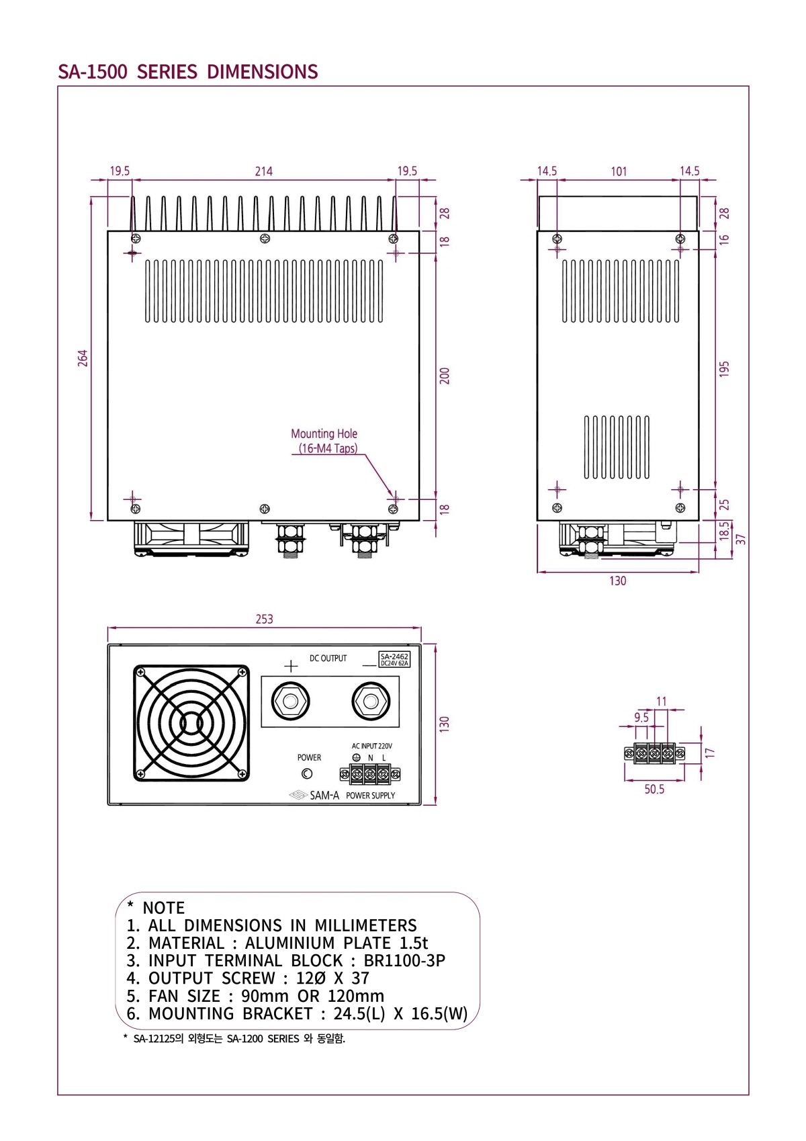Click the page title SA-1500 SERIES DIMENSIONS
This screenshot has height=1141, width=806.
click(x=187, y=72)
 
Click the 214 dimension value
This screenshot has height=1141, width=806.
click(x=263, y=171)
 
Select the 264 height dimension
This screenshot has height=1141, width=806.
click(x=83, y=357)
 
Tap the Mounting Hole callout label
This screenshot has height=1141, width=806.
click(x=324, y=434)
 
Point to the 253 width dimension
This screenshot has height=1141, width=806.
click(x=264, y=619)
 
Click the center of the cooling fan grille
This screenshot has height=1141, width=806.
click(x=191, y=723)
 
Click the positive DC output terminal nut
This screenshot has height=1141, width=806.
click(x=291, y=702)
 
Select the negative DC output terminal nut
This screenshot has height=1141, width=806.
click(x=370, y=702)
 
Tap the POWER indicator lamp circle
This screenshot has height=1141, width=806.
click(x=307, y=774)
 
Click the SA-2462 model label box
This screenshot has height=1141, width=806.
click(x=394, y=659)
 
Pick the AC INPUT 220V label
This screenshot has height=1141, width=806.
click(x=371, y=746)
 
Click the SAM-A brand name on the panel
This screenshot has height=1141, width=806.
click(x=324, y=796)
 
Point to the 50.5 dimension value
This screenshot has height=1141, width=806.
click(x=654, y=789)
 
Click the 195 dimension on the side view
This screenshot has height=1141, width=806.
click(x=724, y=369)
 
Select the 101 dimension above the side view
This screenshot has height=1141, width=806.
click(x=619, y=171)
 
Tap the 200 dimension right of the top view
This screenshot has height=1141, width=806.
click(x=445, y=376)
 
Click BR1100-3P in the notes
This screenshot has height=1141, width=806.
click(x=404, y=961)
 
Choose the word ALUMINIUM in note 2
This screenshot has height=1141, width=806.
click(x=289, y=943)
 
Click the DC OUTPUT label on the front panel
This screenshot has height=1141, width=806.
click(x=328, y=659)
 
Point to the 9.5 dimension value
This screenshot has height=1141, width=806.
click(x=641, y=718)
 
